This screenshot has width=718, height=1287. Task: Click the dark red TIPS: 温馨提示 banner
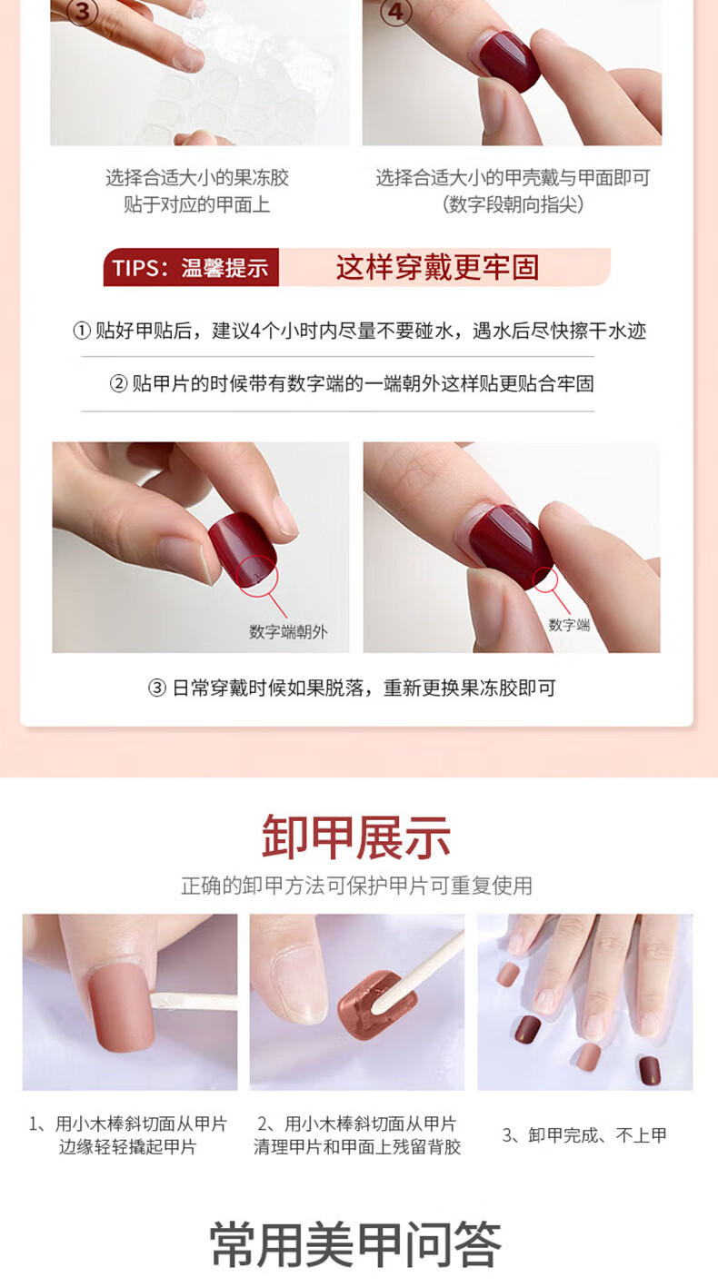coord(191,267)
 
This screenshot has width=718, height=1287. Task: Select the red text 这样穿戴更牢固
coord(437,267)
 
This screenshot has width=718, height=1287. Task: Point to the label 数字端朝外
coord(288,632)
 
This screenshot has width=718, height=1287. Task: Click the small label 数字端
coord(569,625)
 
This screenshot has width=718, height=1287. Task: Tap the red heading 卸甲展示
coord(356,837)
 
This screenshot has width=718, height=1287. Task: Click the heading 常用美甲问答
coord(355,1244)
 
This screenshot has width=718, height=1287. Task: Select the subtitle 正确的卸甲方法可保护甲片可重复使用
coord(356,886)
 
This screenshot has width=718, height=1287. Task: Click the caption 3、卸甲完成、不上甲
coord(584,1134)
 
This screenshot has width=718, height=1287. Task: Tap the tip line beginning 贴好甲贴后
coord(359,331)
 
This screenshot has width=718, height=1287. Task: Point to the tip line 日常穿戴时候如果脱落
coord(352,688)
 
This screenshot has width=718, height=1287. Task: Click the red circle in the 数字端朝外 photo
coord(257,575)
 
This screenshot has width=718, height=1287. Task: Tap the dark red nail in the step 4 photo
coord(509,61)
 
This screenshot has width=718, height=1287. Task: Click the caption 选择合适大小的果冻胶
coord(197,178)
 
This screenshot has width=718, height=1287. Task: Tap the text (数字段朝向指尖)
coord(513,204)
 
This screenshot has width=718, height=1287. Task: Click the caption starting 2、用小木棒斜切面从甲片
coord(357,1134)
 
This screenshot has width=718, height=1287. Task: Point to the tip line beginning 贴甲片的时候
coord(352,384)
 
